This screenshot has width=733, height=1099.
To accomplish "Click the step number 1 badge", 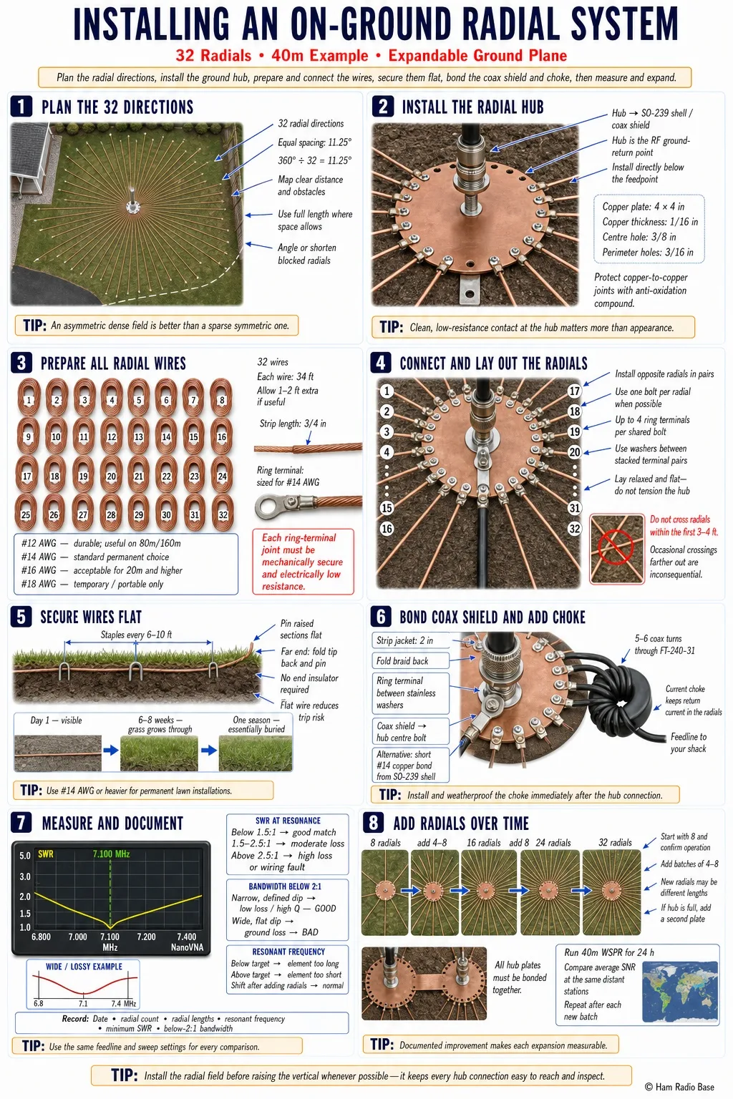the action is tap(21, 106).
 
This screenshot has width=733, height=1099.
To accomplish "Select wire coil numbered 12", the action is tap(111, 436).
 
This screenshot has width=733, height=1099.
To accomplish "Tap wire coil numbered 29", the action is tap(138, 514).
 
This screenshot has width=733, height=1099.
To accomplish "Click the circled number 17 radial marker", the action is tap(574, 391).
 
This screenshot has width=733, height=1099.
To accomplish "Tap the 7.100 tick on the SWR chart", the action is tap(110, 936).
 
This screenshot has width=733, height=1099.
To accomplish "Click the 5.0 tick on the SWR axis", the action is tap(24, 855).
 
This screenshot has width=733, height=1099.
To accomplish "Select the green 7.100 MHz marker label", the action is tap(111, 854).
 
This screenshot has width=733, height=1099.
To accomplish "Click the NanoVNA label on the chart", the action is tap(187, 947).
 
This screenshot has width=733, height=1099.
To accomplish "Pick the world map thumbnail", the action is tap(679, 990).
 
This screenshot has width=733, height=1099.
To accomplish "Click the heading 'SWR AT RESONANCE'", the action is tap(288, 821).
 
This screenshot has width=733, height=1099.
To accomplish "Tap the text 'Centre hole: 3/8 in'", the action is tap(639, 237).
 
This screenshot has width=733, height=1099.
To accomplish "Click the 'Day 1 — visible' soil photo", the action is tap(58, 753).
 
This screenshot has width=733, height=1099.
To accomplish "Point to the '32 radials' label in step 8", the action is tap(615, 842).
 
